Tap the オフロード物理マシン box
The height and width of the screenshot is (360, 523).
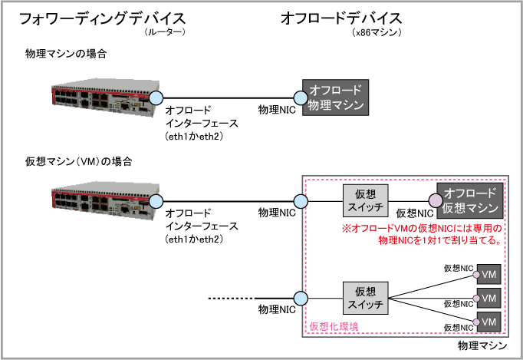[x=335, y=97]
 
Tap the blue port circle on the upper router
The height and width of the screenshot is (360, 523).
[x=156, y=97]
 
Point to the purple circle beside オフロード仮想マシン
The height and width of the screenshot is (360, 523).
[x=435, y=201]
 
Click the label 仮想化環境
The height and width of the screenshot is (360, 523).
[x=334, y=326]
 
